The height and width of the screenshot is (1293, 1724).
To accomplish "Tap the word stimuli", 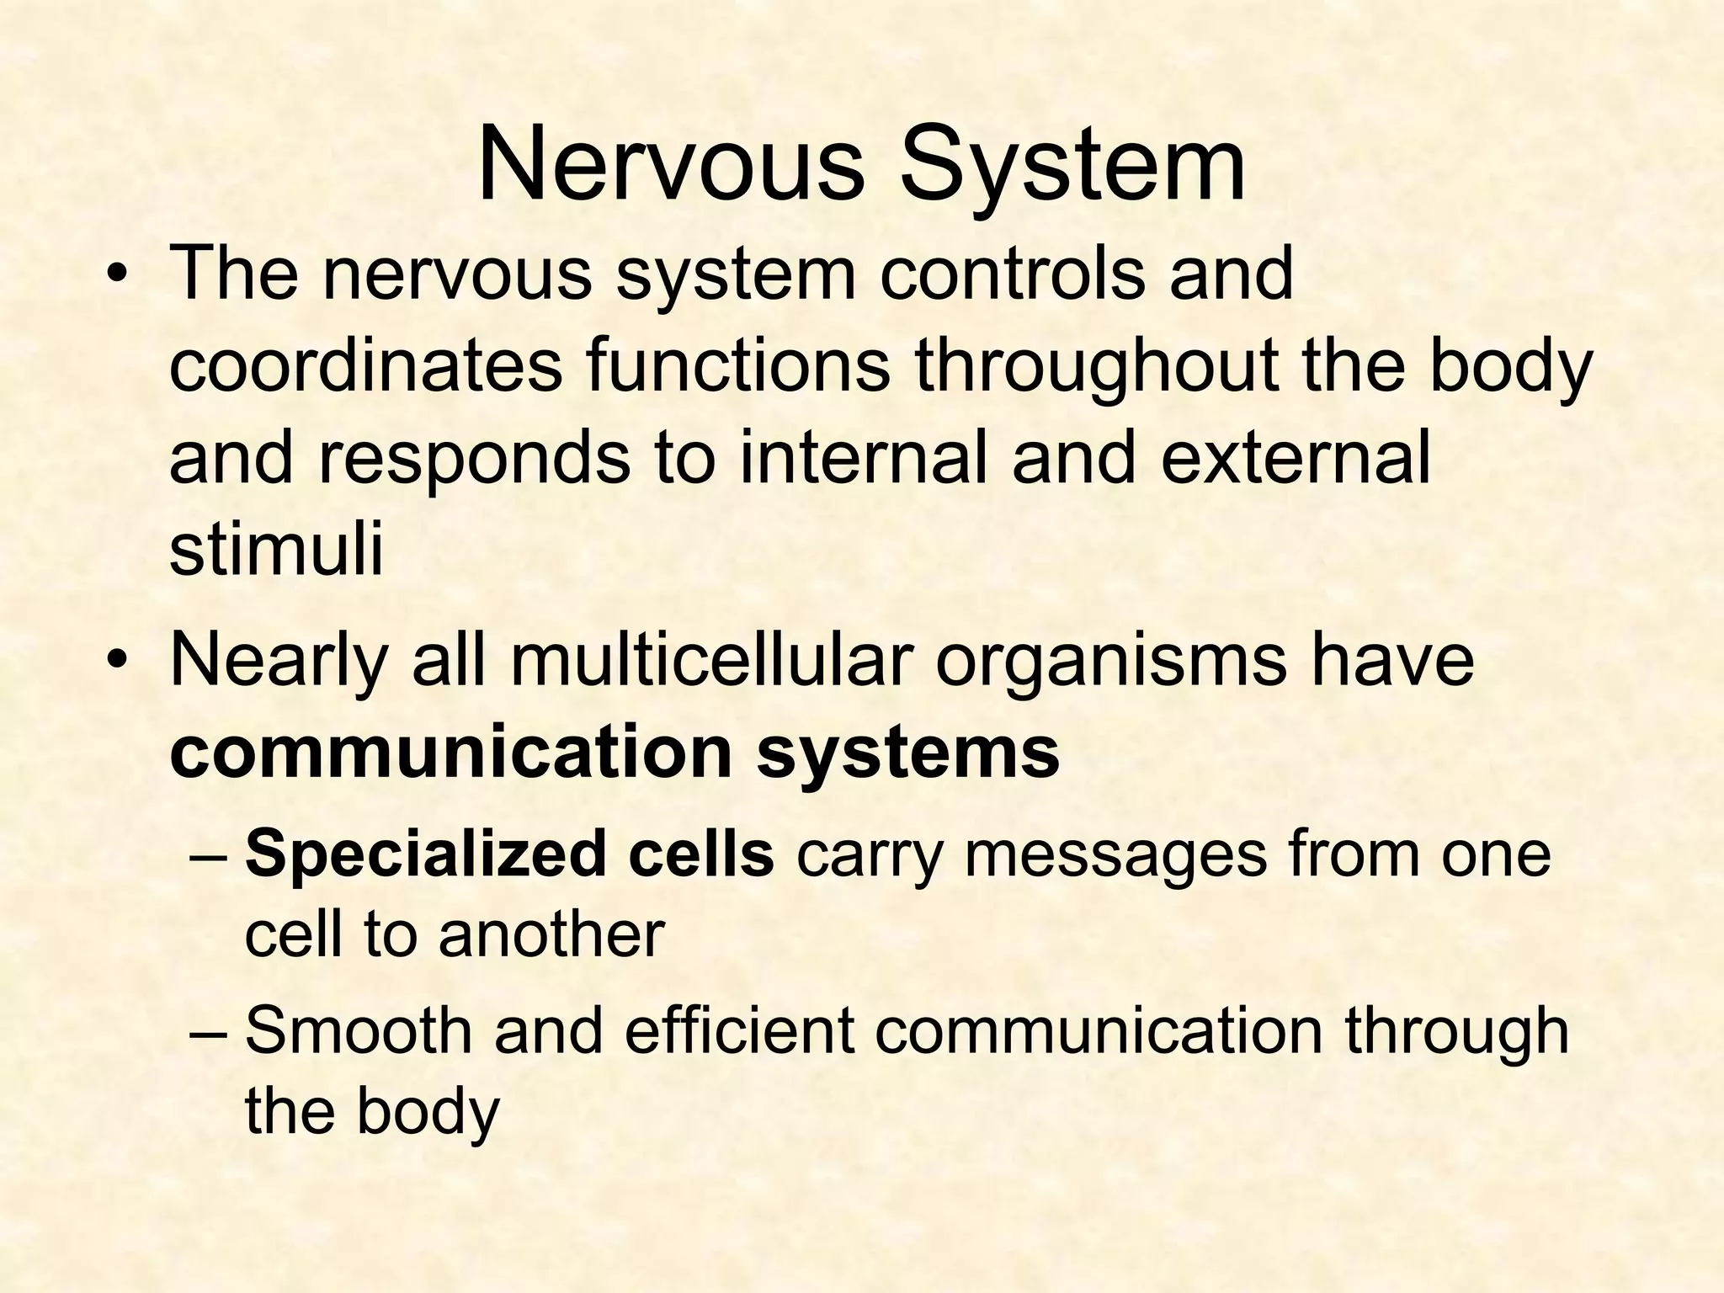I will pos(276,551).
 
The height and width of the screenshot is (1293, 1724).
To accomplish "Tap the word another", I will pos(551,935).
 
